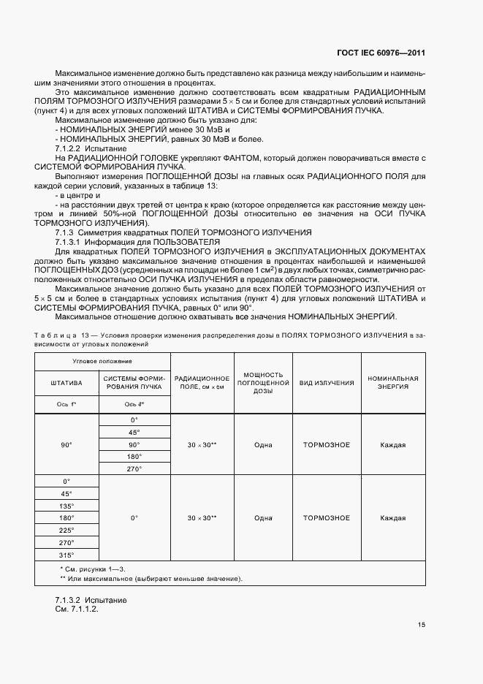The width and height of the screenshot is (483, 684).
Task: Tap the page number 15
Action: (x=422, y=625)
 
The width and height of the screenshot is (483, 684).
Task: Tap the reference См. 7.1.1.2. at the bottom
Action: (x=76, y=609)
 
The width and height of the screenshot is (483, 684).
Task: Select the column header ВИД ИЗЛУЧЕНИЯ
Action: (x=327, y=383)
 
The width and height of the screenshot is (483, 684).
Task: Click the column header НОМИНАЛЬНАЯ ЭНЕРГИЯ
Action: (x=392, y=383)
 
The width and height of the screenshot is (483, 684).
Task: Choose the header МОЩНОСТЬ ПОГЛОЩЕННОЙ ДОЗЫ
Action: (x=263, y=383)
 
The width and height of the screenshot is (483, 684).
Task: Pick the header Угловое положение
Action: (x=102, y=362)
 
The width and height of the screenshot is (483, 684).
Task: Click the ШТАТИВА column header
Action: (x=66, y=383)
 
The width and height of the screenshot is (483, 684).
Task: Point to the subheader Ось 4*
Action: (x=134, y=404)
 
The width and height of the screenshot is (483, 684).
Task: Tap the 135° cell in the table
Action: (x=66, y=506)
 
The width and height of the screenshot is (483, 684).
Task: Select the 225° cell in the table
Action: (x=66, y=531)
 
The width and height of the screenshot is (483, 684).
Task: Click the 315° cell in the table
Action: (x=66, y=555)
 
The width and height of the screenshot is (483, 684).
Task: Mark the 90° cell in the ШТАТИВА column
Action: (x=66, y=445)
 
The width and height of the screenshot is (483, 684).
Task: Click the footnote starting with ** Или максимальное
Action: (x=151, y=579)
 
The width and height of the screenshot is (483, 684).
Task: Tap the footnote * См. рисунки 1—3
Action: (x=92, y=569)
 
